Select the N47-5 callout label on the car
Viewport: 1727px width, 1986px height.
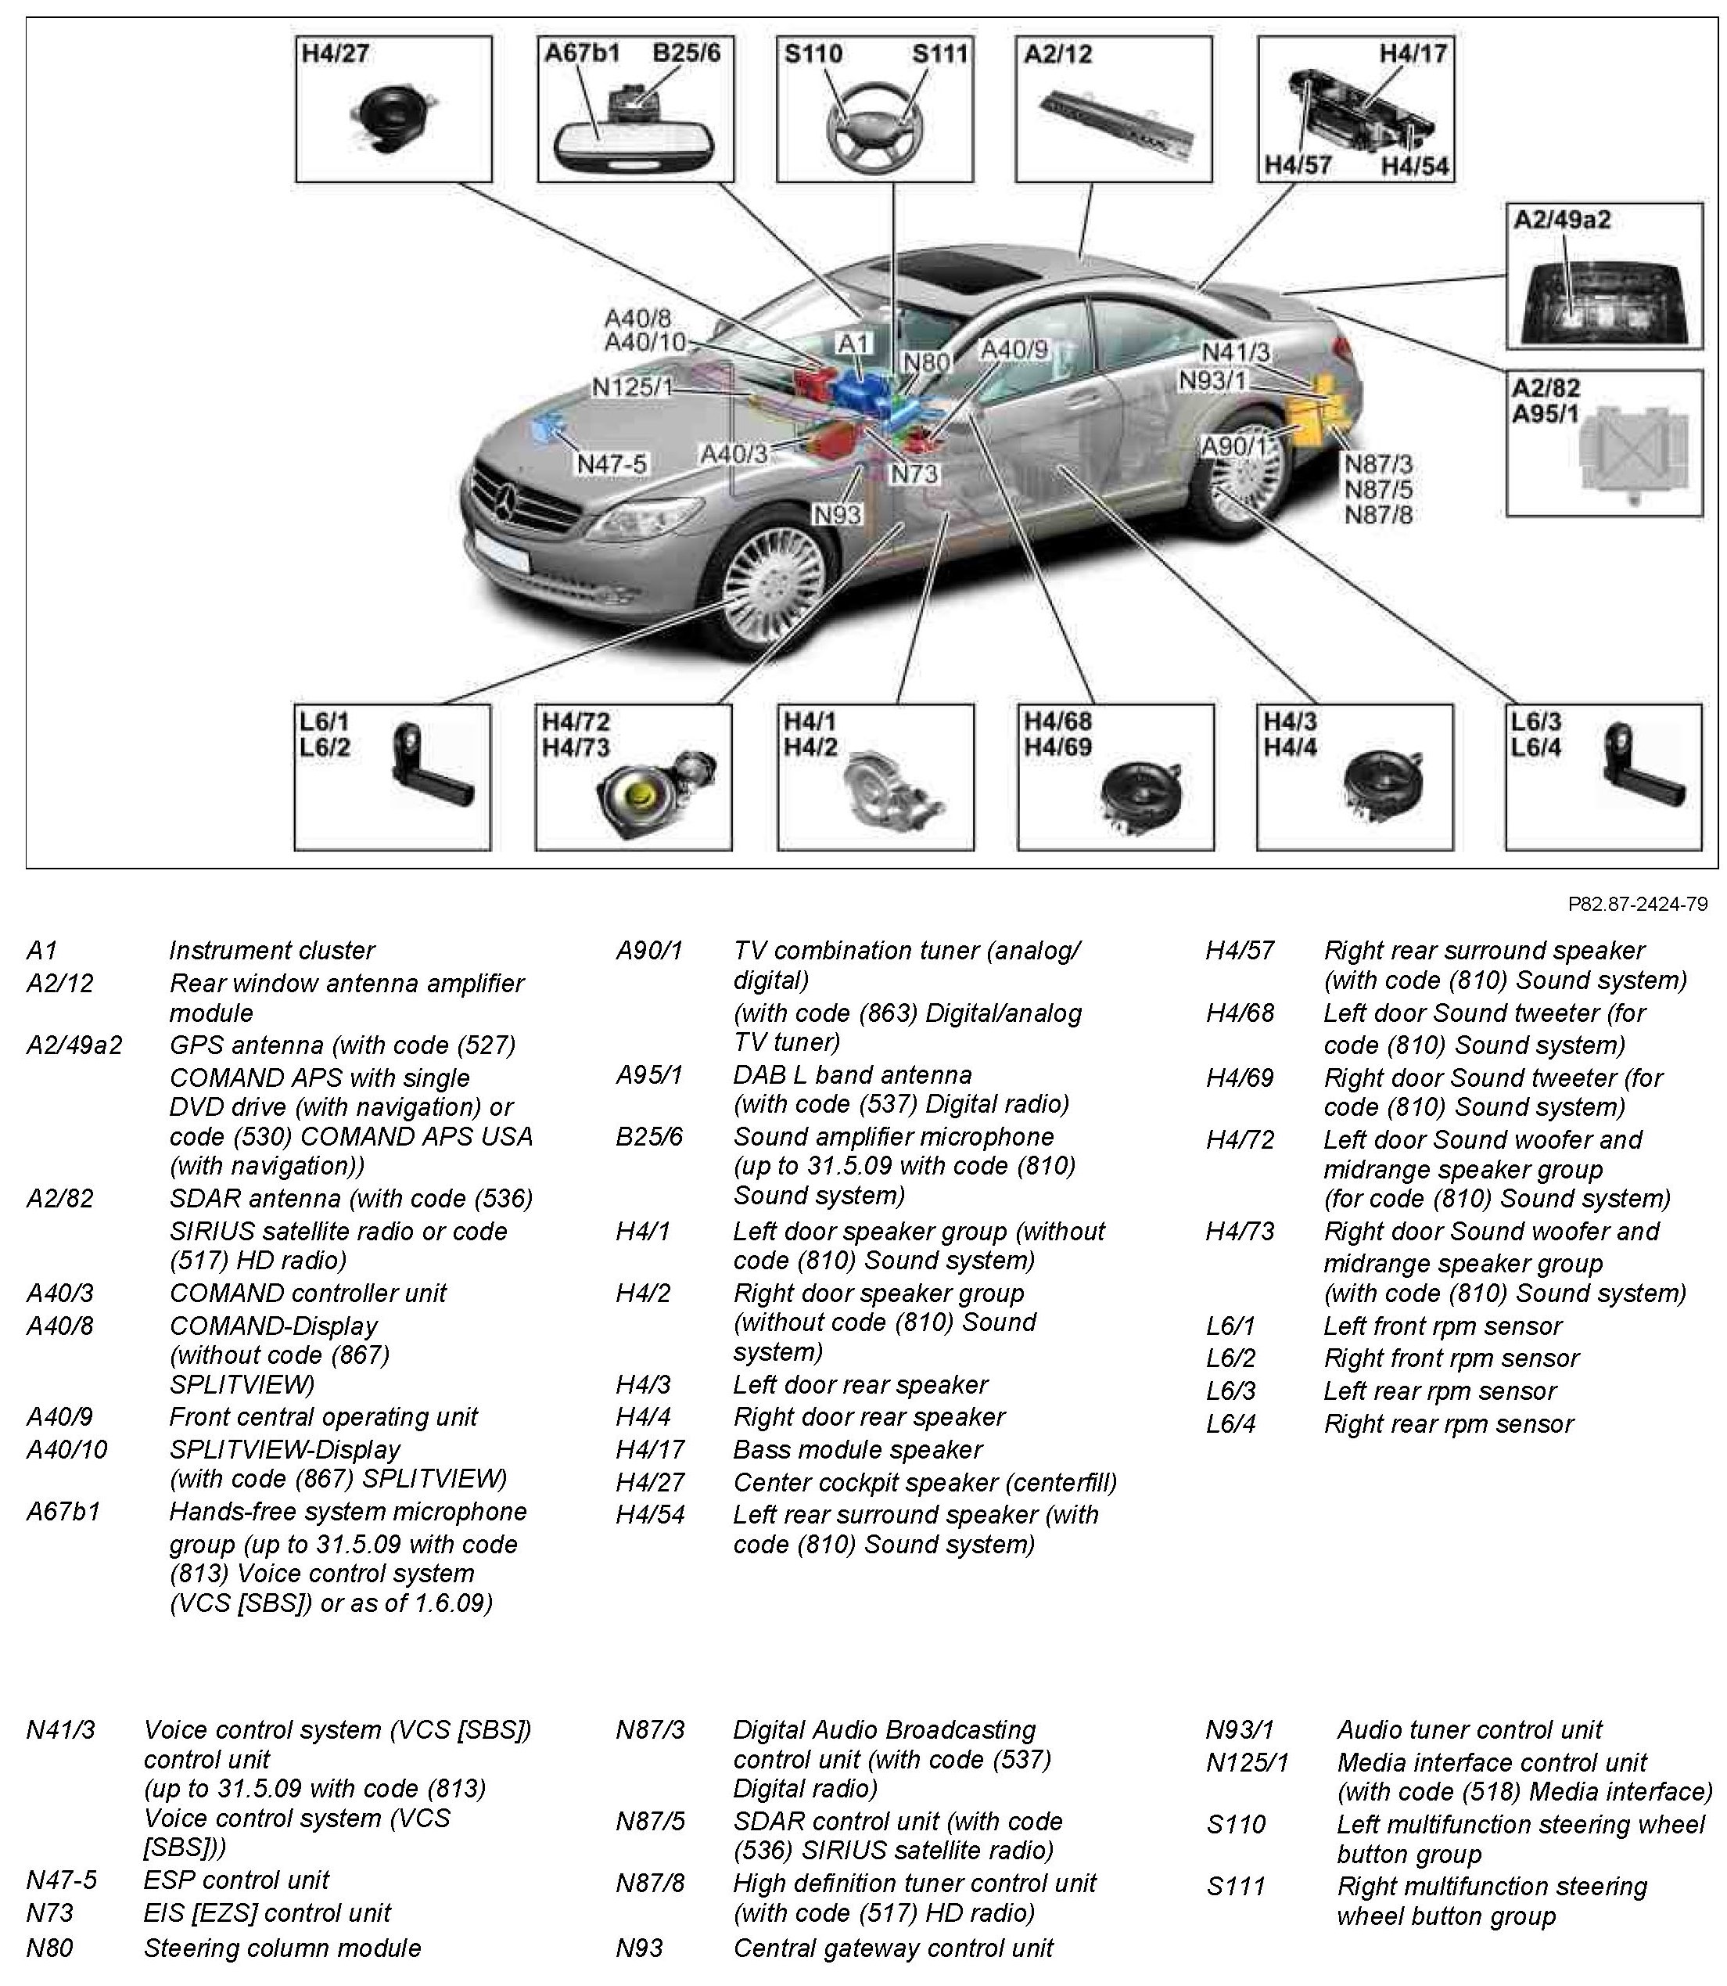pos(612,464)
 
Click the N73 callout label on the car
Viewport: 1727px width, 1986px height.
pos(914,473)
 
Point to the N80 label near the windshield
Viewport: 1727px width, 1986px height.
pos(926,362)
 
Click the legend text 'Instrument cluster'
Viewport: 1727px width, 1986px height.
pos(271,951)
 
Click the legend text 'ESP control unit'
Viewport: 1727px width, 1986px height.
pos(236,1880)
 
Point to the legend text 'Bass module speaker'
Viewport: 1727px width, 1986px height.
pos(858,1449)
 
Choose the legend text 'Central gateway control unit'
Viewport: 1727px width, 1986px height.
pos(893,1948)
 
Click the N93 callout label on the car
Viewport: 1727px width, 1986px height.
pos(837,515)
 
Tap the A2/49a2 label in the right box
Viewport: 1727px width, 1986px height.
pos(1561,220)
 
